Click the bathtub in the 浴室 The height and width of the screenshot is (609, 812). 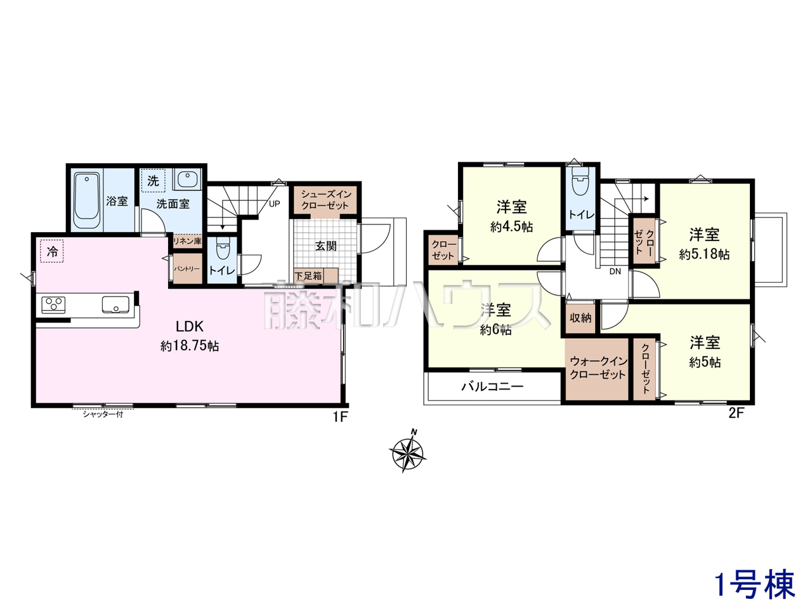tap(87, 201)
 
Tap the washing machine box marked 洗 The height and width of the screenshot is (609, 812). tap(153, 180)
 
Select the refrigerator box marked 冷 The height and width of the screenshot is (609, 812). tap(51, 251)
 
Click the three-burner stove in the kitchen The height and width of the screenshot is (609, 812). tap(53, 305)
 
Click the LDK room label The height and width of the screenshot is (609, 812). tap(190, 326)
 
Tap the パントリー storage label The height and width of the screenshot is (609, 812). tap(187, 269)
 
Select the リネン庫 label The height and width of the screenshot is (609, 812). tap(188, 241)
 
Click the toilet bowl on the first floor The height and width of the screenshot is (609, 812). tap(223, 249)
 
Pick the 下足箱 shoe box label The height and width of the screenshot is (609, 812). tap(308, 276)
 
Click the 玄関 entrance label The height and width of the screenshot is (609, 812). tap(326, 246)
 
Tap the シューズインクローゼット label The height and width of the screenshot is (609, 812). tap(325, 200)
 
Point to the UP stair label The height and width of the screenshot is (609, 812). tap(275, 204)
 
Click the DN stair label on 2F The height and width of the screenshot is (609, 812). tap(615, 272)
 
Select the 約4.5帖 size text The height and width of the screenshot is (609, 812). tap(511, 226)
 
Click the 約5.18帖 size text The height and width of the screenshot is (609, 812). tap(704, 254)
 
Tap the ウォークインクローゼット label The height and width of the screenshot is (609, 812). tap(598, 367)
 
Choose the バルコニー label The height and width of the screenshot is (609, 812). tap(492, 387)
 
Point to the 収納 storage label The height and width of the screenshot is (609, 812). tap(580, 318)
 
